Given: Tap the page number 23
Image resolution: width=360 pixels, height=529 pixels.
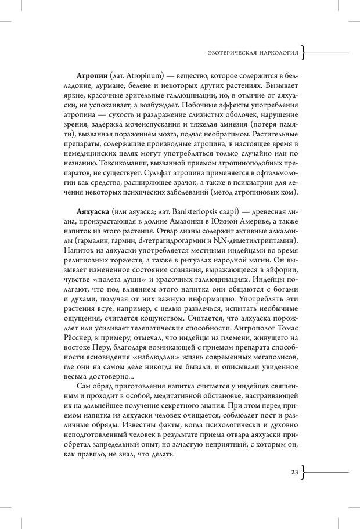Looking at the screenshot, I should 294,473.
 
